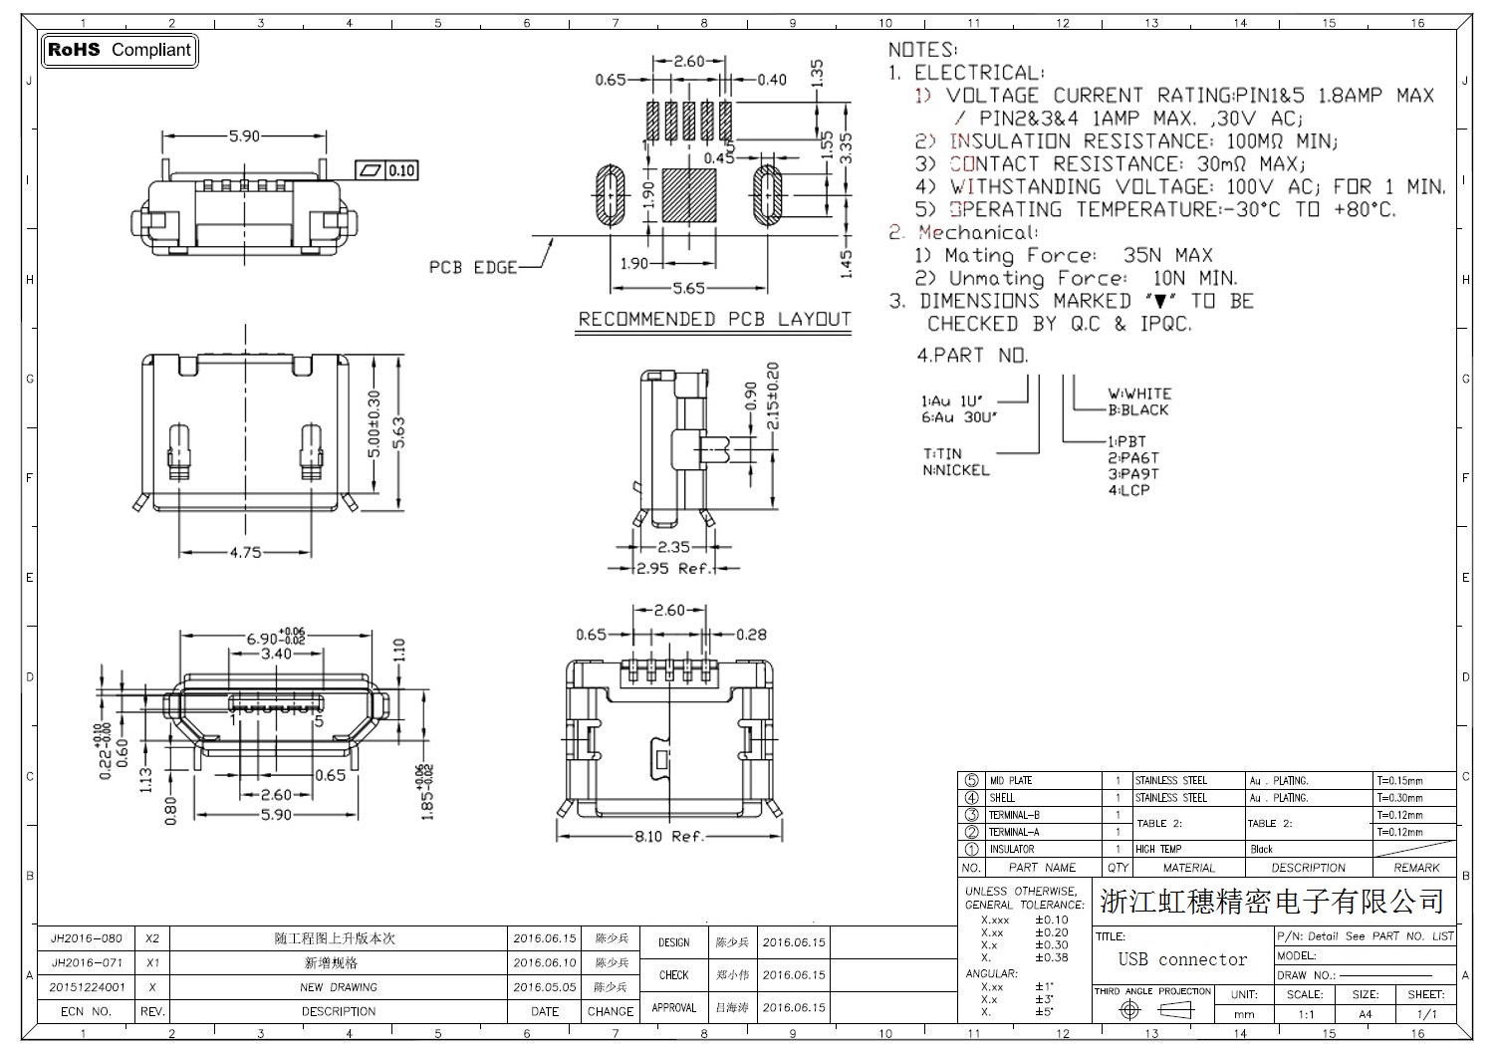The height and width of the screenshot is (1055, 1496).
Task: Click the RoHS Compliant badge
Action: click(119, 50)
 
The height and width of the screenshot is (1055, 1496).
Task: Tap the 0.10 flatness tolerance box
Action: click(401, 170)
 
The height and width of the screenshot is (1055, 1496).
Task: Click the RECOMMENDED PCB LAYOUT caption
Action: click(714, 320)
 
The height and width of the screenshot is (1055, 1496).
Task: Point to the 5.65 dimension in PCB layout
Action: click(688, 288)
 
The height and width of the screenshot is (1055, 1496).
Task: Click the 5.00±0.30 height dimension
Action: click(374, 424)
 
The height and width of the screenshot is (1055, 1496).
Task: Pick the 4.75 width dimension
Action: click(244, 552)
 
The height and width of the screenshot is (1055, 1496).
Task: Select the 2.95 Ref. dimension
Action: click(674, 568)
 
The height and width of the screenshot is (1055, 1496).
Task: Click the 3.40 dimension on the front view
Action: click(276, 654)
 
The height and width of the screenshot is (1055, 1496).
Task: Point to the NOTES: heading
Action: click(921, 49)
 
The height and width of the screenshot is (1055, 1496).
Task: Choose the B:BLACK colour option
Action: click(1138, 409)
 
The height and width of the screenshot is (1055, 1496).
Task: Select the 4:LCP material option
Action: click(1128, 490)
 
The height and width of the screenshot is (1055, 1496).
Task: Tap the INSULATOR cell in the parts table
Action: click(1011, 849)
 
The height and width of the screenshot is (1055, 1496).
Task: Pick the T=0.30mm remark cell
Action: click(1399, 798)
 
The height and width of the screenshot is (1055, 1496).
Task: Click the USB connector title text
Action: click(1182, 959)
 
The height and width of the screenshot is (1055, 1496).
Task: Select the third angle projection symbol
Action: click(1152, 1009)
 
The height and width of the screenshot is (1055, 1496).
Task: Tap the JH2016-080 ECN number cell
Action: click(87, 938)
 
